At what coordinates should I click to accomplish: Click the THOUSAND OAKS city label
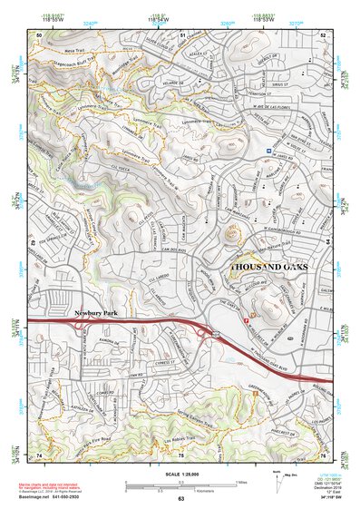pyautogui.click(x=269, y=268)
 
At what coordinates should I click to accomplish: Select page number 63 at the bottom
pyautogui.click(x=180, y=500)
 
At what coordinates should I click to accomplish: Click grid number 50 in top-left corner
pyautogui.click(x=39, y=34)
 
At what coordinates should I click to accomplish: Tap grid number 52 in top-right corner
pyautogui.click(x=323, y=34)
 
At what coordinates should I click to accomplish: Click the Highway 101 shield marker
pyautogui.click(x=216, y=337)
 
